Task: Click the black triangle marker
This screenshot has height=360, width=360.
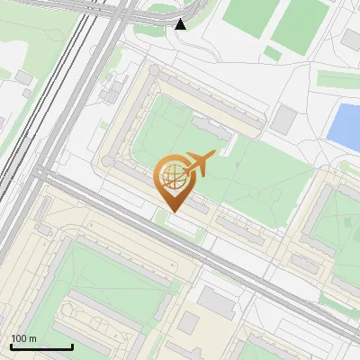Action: coord(181,23)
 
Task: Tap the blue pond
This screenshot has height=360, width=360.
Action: coord(343,125)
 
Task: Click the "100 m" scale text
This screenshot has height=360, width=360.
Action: coord(24,338)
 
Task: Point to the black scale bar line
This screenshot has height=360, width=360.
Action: coord(41,346)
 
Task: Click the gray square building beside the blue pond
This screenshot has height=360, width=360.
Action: coord(285,120)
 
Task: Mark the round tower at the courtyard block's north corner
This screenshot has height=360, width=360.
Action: coord(154,69)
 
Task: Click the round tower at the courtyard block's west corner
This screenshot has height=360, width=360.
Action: coord(107,161)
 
